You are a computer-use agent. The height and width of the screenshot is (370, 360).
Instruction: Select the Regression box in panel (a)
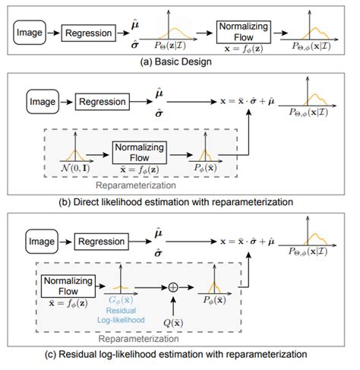87,33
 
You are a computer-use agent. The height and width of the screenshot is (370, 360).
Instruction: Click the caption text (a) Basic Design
179,62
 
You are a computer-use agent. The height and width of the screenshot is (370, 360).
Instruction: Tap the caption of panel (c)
179,353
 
